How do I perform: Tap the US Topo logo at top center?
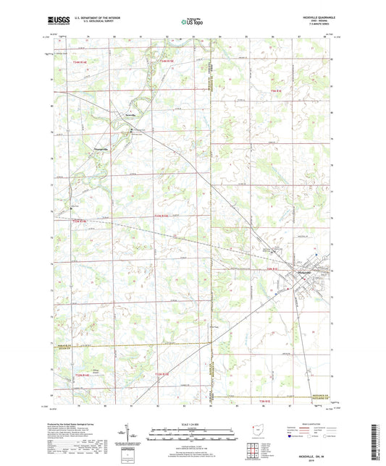tap(192, 22)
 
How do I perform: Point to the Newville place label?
tap(129, 115)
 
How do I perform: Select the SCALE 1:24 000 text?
tap(192, 424)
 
